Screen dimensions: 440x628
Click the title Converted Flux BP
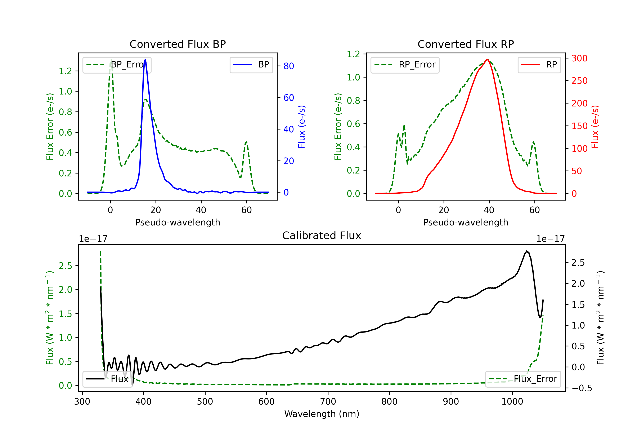(x=178, y=44)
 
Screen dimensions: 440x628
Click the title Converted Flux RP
(x=466, y=44)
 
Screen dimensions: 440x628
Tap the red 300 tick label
(x=579, y=58)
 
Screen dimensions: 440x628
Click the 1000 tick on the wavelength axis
(x=512, y=402)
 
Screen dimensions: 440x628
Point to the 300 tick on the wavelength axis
(x=82, y=402)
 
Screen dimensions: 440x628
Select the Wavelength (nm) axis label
(x=322, y=414)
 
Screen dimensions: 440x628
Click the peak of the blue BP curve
(x=145, y=60)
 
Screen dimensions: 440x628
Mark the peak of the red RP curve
(x=487, y=60)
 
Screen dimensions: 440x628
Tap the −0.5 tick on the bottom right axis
(x=582, y=388)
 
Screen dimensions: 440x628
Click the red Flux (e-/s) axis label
(x=595, y=127)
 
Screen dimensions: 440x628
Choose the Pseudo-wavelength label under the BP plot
(x=178, y=222)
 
